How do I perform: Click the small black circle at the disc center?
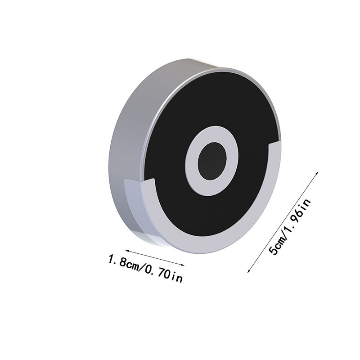pos(212,161)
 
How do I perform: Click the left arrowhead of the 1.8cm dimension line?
pos(127,251)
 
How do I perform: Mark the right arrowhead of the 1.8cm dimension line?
pos(183,265)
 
